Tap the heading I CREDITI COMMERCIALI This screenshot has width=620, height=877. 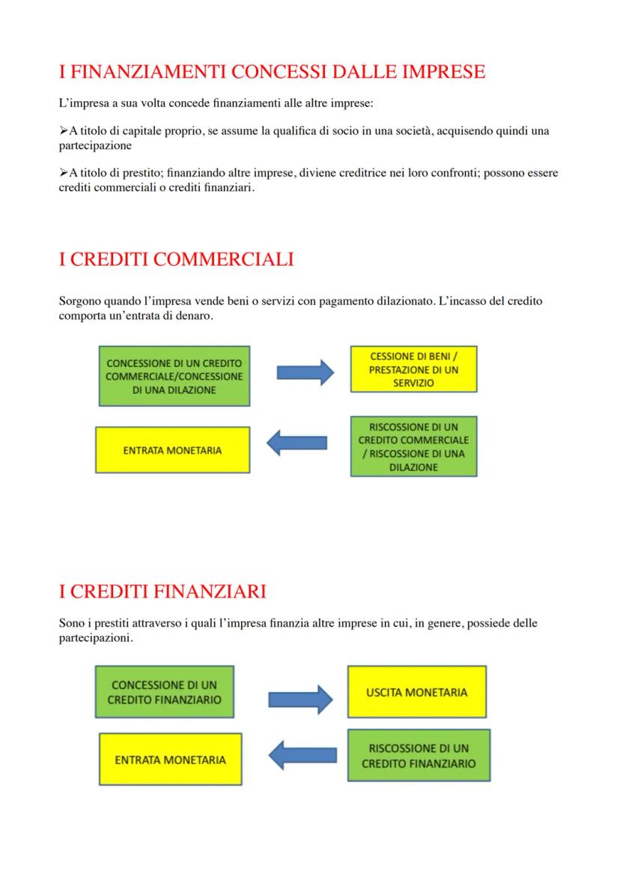(176, 259)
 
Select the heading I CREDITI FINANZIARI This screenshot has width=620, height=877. (162, 592)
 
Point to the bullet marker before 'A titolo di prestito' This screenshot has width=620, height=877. (63, 173)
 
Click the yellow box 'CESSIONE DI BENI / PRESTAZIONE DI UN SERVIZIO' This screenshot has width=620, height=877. (413, 370)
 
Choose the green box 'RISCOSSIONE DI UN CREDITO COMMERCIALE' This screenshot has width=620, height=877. (413, 446)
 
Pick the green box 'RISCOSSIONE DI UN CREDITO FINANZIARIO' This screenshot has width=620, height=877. (419, 756)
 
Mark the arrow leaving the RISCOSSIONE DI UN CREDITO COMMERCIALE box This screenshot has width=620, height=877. (297, 443)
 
